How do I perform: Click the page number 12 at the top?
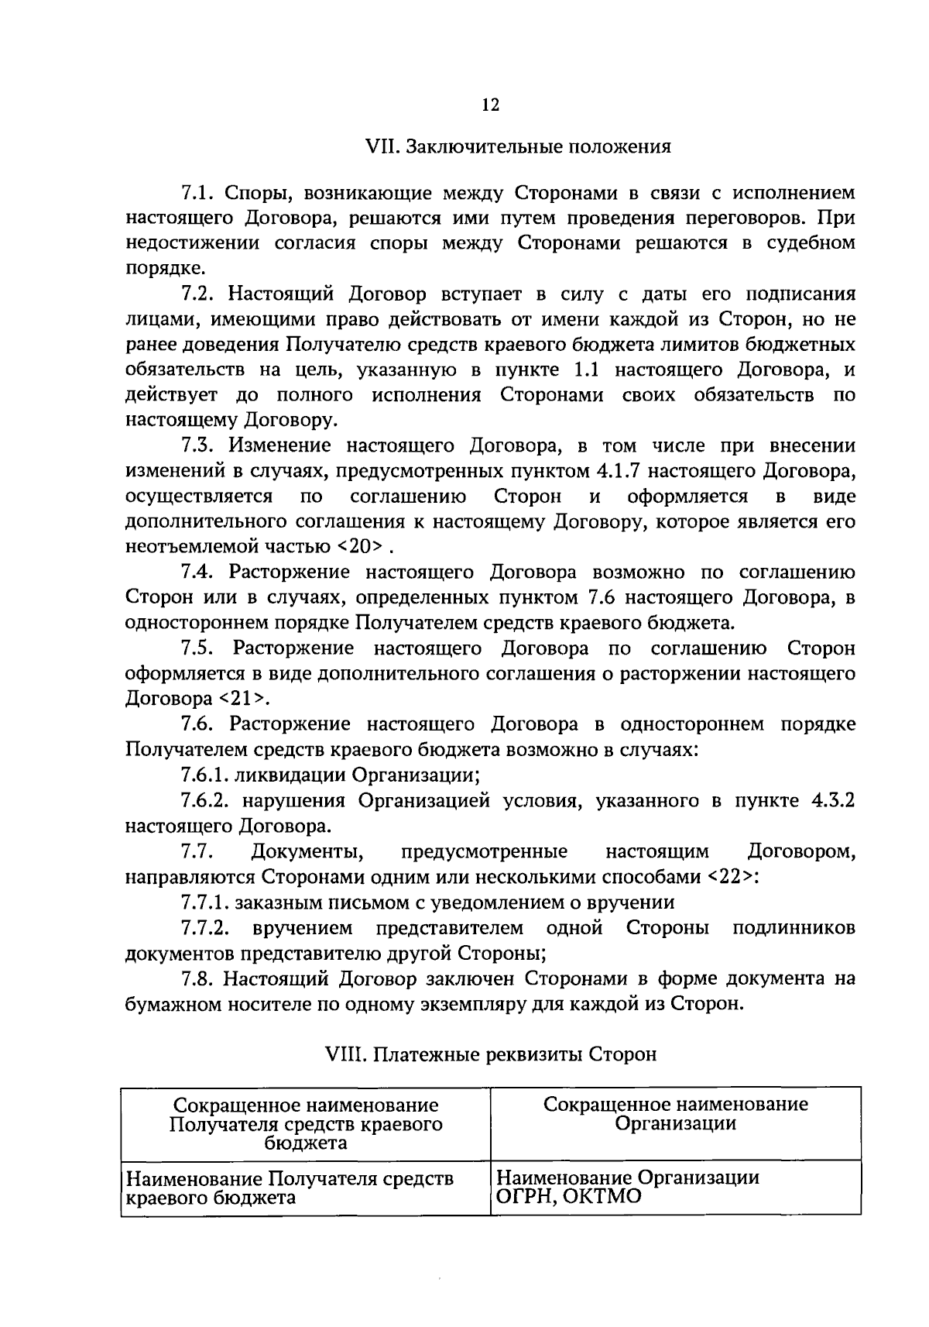click(489, 105)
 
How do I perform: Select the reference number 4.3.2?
click(832, 801)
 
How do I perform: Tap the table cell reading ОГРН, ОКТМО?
click(569, 1197)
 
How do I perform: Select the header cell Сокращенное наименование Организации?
click(676, 1113)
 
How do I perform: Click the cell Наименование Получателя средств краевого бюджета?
click(289, 1188)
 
